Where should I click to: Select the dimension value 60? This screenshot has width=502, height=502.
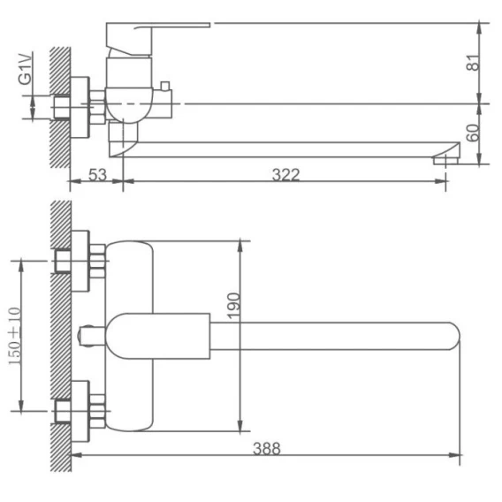(x=473, y=133)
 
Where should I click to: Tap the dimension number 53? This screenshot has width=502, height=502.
(x=97, y=175)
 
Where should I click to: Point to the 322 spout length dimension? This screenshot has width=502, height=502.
(x=285, y=175)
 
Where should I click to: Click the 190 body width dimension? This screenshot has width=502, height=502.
(x=233, y=306)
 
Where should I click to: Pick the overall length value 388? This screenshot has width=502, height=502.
(x=267, y=449)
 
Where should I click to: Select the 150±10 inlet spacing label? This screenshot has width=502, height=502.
(x=15, y=336)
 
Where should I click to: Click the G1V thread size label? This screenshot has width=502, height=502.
(x=26, y=69)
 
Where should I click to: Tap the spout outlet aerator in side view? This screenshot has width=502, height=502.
(x=446, y=160)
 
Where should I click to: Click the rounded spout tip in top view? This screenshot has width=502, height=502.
(x=454, y=336)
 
